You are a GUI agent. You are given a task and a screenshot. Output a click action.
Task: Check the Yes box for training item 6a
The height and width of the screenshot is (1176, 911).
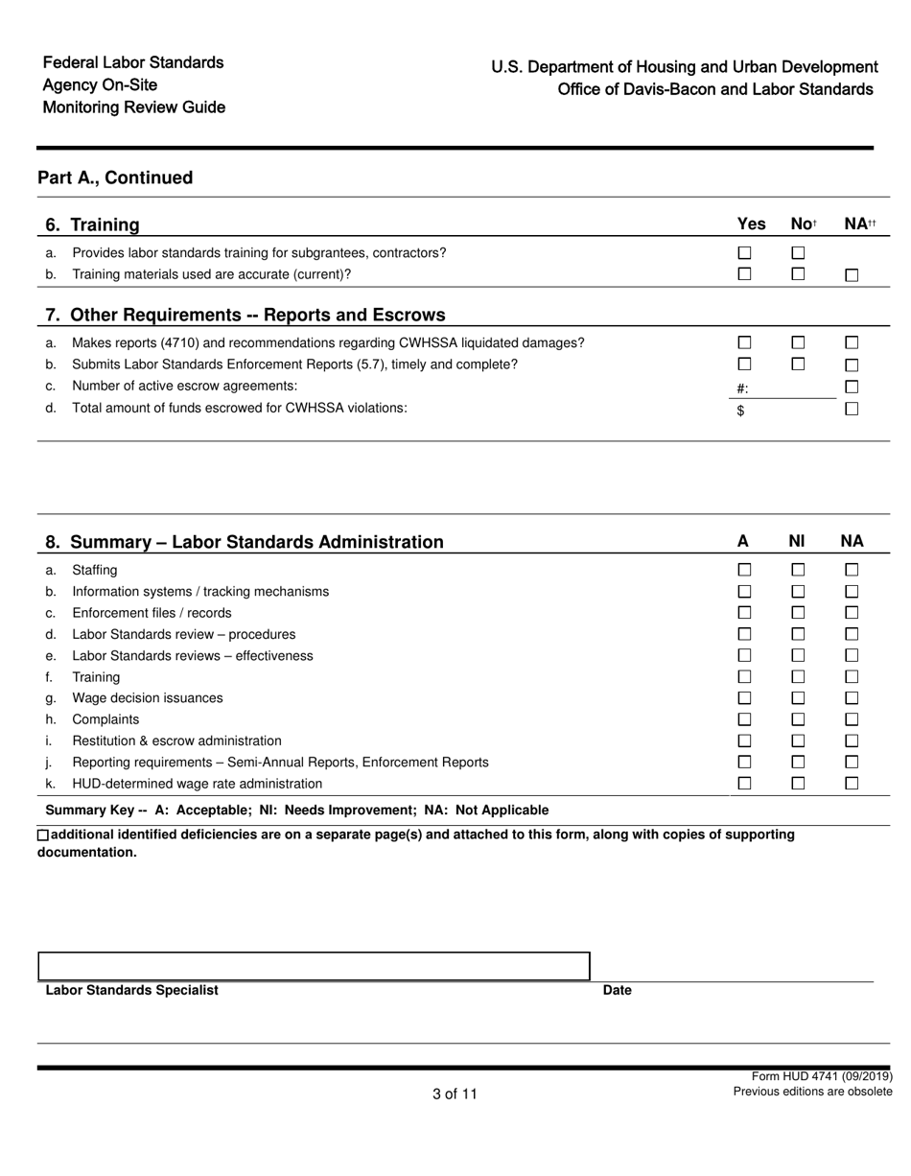point(744,253)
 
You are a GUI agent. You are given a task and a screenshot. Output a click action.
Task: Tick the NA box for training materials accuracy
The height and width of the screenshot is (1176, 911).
point(852,275)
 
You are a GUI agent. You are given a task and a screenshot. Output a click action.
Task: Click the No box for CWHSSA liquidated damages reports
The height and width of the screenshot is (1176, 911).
point(798,342)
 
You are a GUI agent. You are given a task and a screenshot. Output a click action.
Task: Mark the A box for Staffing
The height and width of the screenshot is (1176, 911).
point(744,570)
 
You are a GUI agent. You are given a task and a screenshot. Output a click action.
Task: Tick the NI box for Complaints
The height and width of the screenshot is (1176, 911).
point(798,719)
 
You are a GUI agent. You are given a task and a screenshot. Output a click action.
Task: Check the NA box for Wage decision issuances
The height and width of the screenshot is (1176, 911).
point(852,698)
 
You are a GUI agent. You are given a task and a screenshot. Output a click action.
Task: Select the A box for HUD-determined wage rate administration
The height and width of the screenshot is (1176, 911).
point(744,783)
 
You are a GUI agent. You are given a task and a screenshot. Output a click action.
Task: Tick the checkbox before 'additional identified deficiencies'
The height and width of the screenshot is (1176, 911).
point(43,835)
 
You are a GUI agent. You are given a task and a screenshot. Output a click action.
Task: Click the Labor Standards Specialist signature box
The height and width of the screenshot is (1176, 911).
point(314,966)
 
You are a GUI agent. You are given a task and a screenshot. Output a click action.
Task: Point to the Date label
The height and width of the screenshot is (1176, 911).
point(617,991)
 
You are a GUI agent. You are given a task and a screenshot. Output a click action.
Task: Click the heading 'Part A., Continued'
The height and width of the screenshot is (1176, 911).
point(115,177)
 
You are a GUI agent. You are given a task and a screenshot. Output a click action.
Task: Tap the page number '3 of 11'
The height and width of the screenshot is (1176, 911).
point(455,1094)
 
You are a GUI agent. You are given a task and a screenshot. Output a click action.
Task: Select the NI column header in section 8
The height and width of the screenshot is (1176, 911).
point(797,541)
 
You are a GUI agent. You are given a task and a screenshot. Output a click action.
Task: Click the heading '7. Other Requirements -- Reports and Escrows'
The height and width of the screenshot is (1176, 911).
point(245,315)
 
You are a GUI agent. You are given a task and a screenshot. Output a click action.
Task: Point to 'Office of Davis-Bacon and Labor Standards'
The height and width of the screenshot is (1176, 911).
point(715,89)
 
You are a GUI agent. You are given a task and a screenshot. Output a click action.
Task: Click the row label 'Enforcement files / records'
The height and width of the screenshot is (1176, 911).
point(152,613)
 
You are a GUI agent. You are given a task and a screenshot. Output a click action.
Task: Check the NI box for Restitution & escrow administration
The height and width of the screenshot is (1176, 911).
point(798,741)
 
